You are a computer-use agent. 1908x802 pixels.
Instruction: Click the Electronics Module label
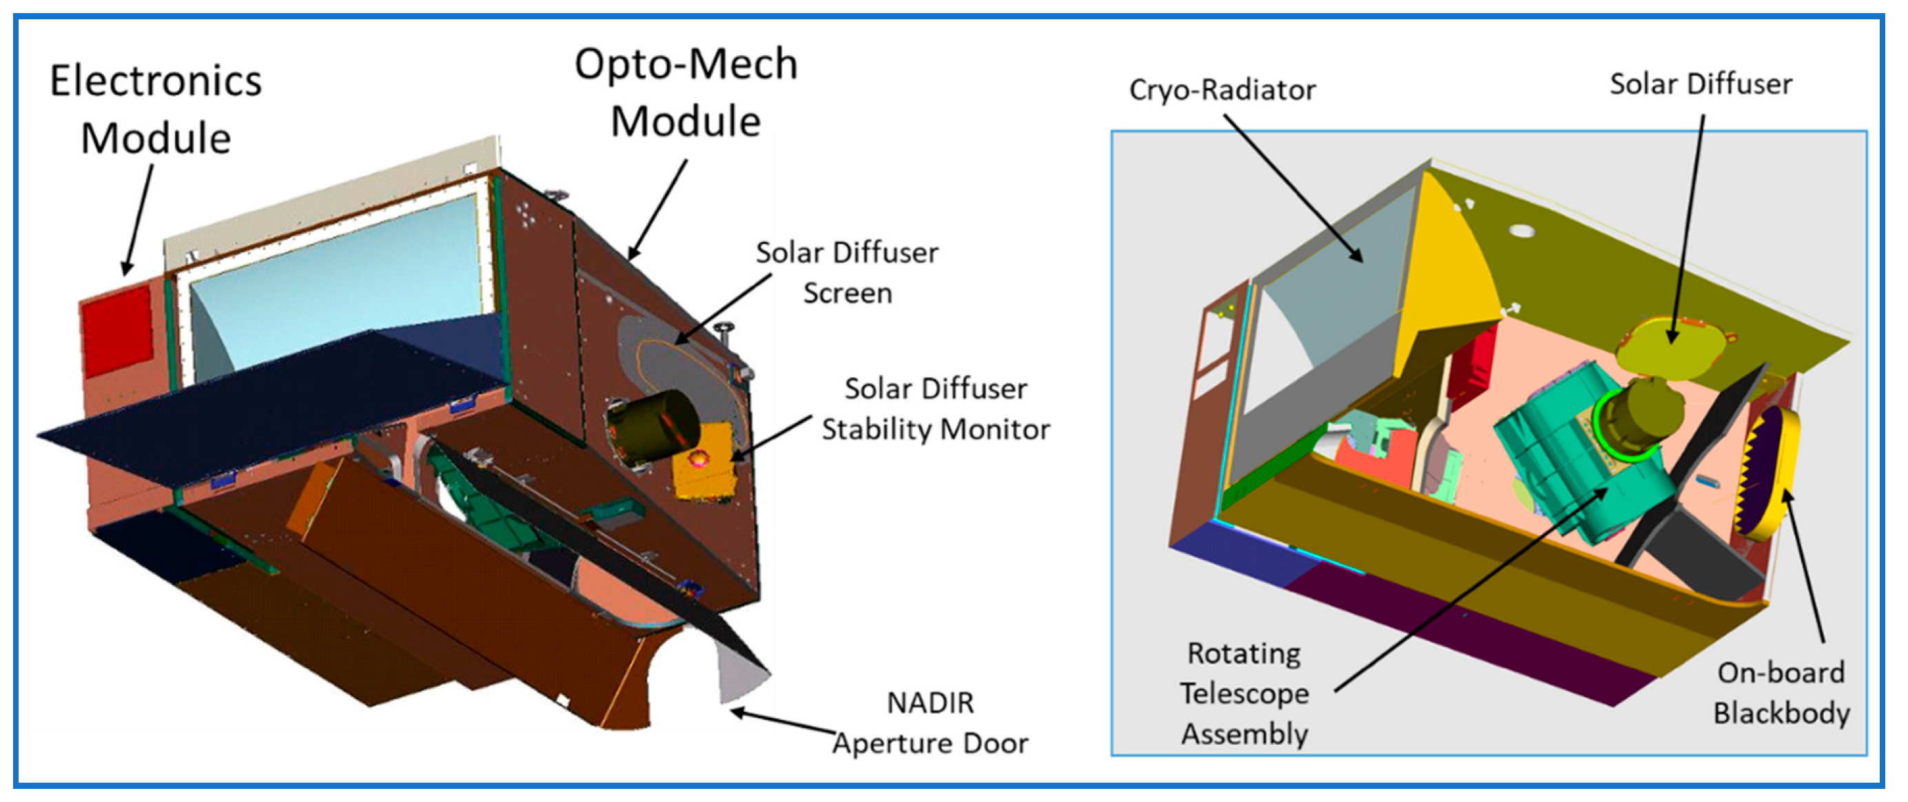156,110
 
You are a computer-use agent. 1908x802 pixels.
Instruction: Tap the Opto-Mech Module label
686,92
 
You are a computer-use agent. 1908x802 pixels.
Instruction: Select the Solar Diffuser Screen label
847,273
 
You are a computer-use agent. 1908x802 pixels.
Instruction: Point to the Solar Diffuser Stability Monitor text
936,409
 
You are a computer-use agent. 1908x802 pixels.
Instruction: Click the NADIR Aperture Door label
930,723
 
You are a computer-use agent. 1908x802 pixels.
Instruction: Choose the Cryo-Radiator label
1222,90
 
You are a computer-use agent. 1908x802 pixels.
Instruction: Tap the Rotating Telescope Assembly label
1244,694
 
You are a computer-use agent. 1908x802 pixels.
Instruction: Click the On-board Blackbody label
1781,693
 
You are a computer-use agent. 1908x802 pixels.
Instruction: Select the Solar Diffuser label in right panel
1701,83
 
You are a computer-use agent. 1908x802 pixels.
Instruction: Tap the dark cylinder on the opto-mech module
652,428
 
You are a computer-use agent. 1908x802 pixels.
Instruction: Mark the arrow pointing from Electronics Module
139,219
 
